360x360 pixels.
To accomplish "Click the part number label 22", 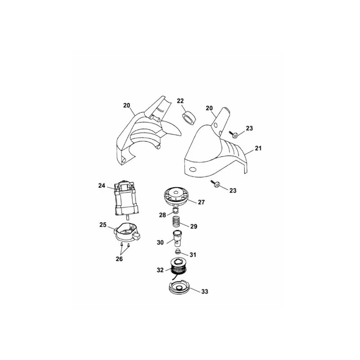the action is tap(180, 101).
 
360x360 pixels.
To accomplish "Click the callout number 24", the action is tap(102, 185).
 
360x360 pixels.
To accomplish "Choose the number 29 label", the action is tap(194, 226).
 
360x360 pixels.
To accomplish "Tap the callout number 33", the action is tap(205, 291).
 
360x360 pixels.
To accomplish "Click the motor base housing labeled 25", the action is tap(127, 233).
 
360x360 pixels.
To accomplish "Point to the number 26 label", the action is tap(119, 259).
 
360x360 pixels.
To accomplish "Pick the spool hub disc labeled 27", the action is tap(176, 196).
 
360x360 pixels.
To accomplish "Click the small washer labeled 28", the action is tap(176, 210).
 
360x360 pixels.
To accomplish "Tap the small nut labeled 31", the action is tap(177, 252).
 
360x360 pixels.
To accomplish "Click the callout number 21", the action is tap(258, 148).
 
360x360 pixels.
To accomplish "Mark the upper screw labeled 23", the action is tap(234, 134).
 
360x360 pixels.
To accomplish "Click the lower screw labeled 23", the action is tap(216, 184).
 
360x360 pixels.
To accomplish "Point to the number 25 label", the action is tap(103, 225).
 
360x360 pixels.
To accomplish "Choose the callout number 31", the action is tap(193, 255).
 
